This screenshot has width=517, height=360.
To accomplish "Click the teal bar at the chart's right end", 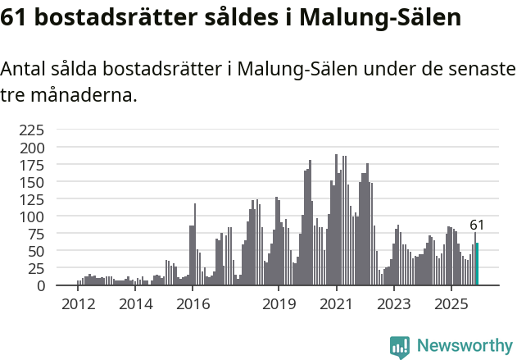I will click(x=477, y=265).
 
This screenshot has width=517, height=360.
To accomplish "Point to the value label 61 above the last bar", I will click(x=477, y=225).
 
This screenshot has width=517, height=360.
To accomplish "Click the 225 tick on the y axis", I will click(x=33, y=130).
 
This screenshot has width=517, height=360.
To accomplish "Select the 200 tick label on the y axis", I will click(x=33, y=148).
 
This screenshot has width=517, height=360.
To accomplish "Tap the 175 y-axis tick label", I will click(x=33, y=165).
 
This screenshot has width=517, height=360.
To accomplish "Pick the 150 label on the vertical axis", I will click(x=33, y=182).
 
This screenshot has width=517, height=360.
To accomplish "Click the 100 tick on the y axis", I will click(x=33, y=216).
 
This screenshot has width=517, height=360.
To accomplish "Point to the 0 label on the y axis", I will click(x=41, y=285).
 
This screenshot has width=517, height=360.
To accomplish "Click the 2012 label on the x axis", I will click(x=78, y=303).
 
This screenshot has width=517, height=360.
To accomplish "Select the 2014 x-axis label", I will click(x=135, y=303).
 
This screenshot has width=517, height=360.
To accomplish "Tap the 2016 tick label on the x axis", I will click(x=193, y=303).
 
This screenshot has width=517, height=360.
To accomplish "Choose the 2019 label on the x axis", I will click(x=279, y=303).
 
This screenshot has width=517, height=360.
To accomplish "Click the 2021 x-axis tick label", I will click(x=336, y=303).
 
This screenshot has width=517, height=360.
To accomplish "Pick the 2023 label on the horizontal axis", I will click(x=393, y=303).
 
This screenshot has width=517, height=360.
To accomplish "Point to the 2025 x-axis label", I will click(x=451, y=303).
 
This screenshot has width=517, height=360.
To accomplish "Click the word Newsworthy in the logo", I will click(x=465, y=346).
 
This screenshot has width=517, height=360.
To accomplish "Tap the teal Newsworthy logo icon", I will click(x=400, y=347).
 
